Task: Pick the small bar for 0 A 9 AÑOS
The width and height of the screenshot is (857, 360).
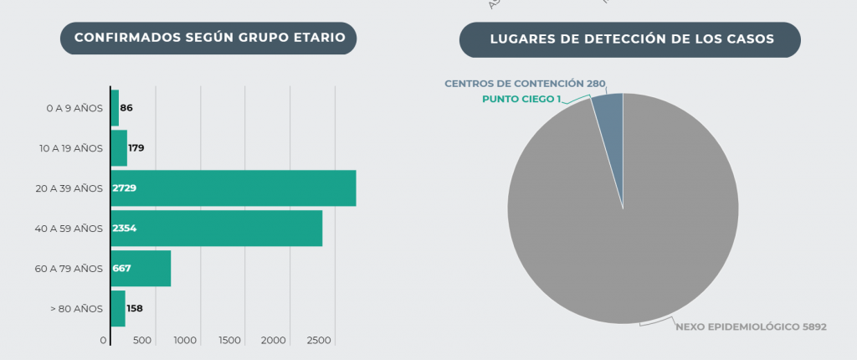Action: pos(115,107)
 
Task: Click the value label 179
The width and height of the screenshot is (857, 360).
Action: pos(136,148)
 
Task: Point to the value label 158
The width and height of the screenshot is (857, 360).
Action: pos(134,308)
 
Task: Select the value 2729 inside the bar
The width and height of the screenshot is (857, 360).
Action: pos(124,188)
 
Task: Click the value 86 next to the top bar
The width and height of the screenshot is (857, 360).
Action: pos(126,108)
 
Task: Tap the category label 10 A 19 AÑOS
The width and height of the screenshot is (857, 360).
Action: pos(70,148)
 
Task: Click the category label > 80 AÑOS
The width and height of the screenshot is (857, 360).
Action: pos(76,308)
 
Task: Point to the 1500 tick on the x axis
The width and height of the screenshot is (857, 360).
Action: pos(230,341)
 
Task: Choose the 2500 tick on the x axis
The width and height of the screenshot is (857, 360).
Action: pos(319,341)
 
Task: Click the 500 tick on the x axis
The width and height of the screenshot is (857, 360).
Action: pos(142,341)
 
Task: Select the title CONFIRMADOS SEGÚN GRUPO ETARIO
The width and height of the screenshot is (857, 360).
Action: pos(208,38)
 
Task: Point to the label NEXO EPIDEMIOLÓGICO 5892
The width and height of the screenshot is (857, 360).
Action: pos(751,327)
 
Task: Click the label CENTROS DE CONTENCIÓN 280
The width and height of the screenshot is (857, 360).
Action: pos(525,84)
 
